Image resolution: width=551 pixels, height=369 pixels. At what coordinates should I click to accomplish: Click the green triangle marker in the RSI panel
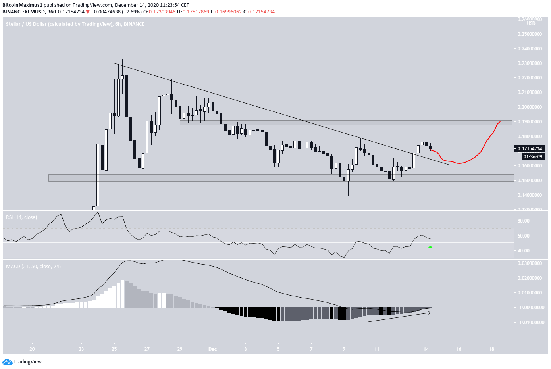pyautogui.click(x=430, y=247)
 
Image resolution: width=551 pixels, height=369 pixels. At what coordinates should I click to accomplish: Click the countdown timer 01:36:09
pyautogui.click(x=532, y=157)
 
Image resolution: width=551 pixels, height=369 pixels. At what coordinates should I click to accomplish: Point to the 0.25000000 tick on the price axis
pyautogui.click(x=530, y=34)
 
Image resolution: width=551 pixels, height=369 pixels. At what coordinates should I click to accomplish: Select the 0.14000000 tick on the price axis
pyautogui.click(x=530, y=195)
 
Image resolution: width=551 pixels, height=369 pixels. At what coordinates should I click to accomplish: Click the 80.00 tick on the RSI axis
pyautogui.click(x=524, y=221)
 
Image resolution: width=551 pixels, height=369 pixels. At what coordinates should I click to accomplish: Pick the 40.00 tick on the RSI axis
pyautogui.click(x=524, y=251)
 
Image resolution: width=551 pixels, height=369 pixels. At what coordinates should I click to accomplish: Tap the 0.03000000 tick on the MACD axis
pyautogui.click(x=530, y=263)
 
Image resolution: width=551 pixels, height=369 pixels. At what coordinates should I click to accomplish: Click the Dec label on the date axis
pyautogui.click(x=213, y=349)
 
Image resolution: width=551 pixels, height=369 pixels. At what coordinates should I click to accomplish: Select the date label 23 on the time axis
pyautogui.click(x=81, y=349)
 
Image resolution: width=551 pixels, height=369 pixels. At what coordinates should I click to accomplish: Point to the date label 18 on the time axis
pyautogui.click(x=492, y=349)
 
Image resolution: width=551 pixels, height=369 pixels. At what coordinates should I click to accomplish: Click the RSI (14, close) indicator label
pyautogui.click(x=21, y=217)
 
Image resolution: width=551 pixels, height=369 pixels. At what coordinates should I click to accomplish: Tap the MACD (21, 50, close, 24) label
pyautogui.click(x=33, y=267)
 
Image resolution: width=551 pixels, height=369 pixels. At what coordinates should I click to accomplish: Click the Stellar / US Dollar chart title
pyautogui.click(x=75, y=24)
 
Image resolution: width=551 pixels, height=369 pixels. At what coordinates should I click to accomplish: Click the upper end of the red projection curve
pyautogui.click(x=500, y=121)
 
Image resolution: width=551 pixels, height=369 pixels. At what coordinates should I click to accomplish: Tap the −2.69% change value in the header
pyautogui.click(x=134, y=12)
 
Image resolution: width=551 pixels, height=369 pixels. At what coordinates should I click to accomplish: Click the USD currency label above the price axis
pyautogui.click(x=531, y=23)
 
